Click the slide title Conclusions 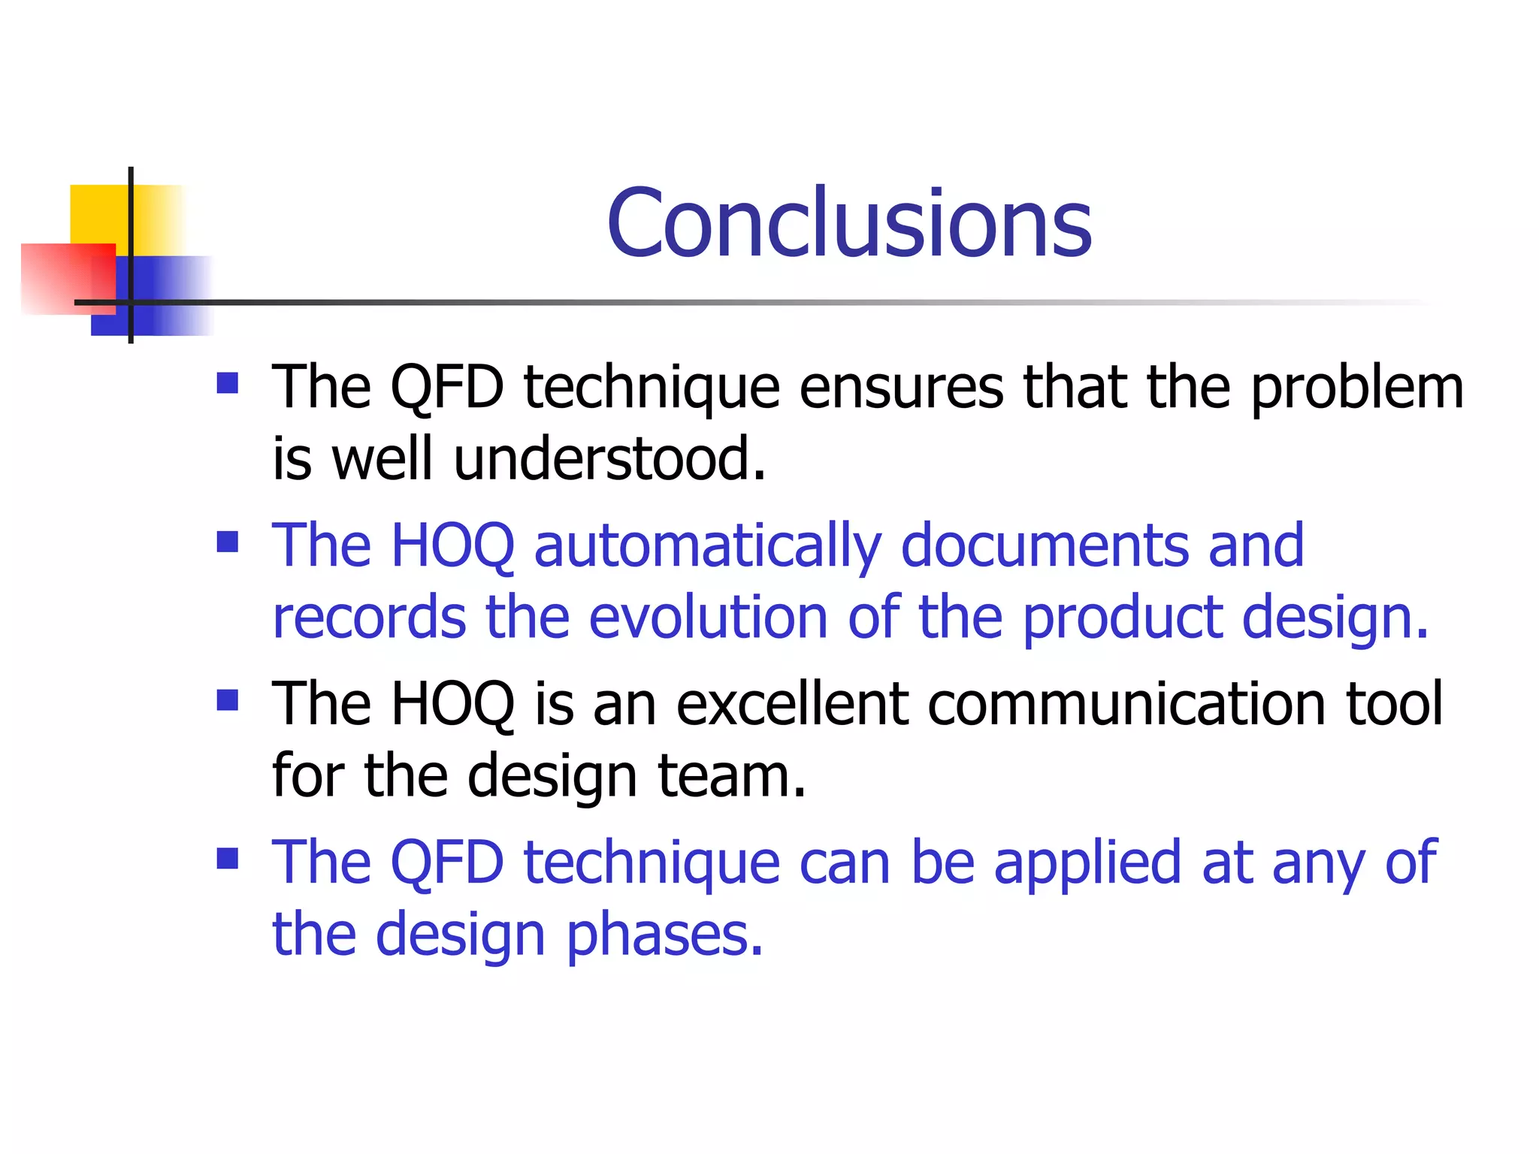(x=849, y=223)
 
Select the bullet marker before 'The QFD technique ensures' (x=227, y=384)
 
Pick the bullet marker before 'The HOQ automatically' (x=227, y=542)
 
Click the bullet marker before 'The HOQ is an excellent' (x=227, y=700)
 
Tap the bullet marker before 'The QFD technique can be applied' (x=227, y=858)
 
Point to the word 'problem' (x=1357, y=389)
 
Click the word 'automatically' (x=707, y=547)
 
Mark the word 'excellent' (x=792, y=704)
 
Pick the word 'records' (x=369, y=618)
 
